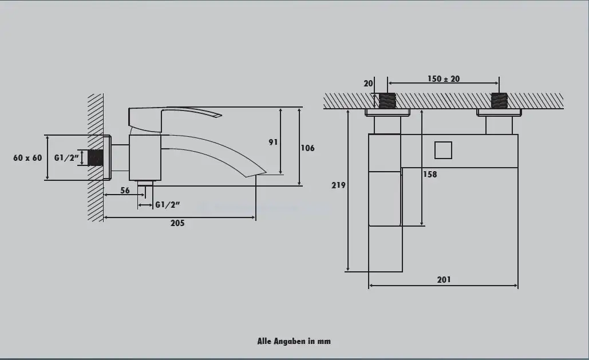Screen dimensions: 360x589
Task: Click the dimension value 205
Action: click(x=177, y=223)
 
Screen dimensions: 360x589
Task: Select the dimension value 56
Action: click(x=125, y=191)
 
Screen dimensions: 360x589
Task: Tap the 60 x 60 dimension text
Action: click(x=27, y=158)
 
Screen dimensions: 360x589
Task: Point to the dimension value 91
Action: click(x=274, y=142)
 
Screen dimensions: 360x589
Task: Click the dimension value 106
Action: click(x=307, y=148)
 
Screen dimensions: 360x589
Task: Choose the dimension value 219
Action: click(x=338, y=185)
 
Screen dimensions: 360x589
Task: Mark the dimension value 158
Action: click(x=430, y=175)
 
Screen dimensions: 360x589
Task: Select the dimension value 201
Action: click(x=444, y=279)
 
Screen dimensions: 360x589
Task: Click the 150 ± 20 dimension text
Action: click(x=444, y=79)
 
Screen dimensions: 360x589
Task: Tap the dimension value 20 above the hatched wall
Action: click(x=368, y=84)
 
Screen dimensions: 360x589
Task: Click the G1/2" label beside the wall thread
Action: click(x=66, y=158)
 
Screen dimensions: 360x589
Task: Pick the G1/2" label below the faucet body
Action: click(x=168, y=205)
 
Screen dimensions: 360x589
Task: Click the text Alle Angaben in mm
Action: click(x=294, y=341)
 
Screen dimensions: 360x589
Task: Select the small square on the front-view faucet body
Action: click(x=443, y=151)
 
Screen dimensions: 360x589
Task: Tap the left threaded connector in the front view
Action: click(x=388, y=101)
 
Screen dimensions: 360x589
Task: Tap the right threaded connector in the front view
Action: click(x=499, y=101)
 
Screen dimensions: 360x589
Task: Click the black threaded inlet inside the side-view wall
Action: click(x=96, y=158)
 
